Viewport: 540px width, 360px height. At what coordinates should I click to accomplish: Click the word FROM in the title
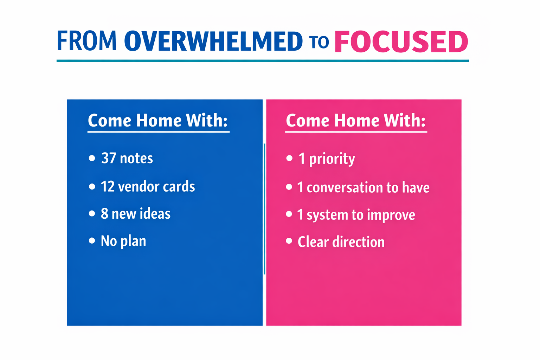click(x=86, y=41)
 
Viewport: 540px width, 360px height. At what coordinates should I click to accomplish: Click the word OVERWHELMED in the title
click(x=213, y=41)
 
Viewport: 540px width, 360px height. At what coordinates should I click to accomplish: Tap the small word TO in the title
click(x=319, y=42)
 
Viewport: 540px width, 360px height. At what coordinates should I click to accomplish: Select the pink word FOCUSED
click(x=401, y=42)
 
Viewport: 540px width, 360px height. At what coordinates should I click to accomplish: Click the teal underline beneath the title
click(x=263, y=61)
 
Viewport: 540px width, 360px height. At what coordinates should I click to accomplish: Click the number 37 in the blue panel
click(x=109, y=158)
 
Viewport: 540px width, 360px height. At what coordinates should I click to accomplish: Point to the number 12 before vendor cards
click(x=108, y=187)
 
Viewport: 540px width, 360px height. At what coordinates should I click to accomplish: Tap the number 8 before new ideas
click(x=104, y=214)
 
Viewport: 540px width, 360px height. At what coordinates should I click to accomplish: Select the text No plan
click(x=123, y=241)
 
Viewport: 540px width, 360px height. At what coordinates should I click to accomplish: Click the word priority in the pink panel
click(x=332, y=159)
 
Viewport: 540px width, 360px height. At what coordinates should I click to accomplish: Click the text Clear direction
click(x=341, y=242)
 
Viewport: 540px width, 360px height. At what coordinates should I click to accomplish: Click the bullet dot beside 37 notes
click(x=92, y=158)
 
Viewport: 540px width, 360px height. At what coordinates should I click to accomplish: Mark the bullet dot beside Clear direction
click(x=289, y=241)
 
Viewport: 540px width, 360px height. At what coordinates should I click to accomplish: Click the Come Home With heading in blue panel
click(x=158, y=121)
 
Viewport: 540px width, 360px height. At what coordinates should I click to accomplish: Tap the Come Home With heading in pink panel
click(x=356, y=121)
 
